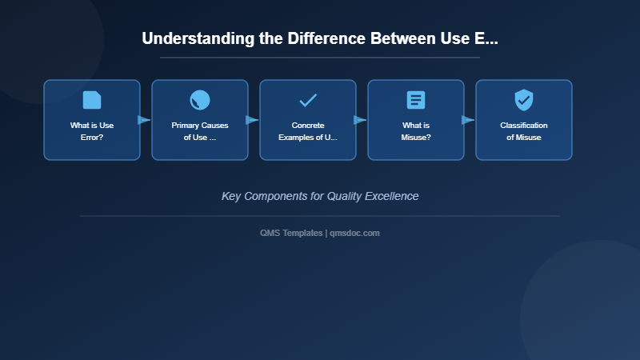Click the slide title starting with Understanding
tap(320, 38)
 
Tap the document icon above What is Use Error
tap(92, 100)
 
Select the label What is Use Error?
tap(92, 131)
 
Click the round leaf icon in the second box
tap(200, 100)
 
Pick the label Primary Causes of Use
tap(200, 131)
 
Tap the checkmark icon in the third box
tap(308, 100)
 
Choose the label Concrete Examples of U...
tap(308, 131)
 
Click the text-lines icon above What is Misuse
tap(416, 100)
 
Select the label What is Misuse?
tap(416, 131)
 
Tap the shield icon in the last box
tap(524, 100)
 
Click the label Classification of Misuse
tap(524, 131)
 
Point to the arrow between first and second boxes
tap(144, 120)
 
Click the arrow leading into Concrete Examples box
tap(252, 120)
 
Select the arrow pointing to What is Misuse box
tap(360, 120)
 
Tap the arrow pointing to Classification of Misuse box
tap(468, 120)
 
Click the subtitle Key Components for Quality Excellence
tap(320, 196)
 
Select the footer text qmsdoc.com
tap(354, 233)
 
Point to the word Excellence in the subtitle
tap(390, 196)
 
